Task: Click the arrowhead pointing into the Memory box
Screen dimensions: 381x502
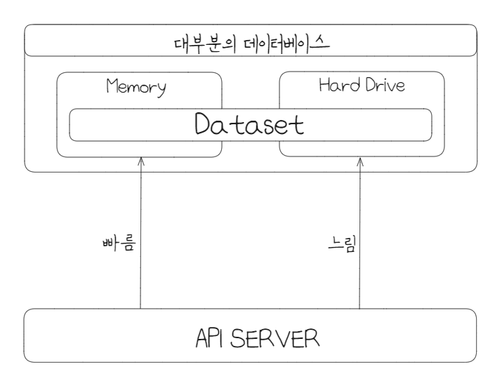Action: click(140, 161)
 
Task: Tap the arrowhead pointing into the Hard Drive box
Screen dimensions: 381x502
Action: click(359, 161)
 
